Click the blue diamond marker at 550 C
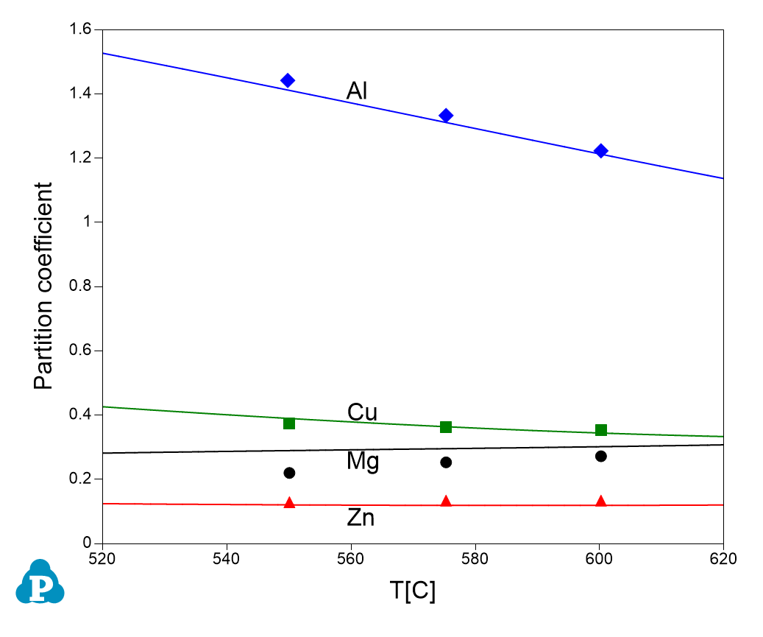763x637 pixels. point(288,80)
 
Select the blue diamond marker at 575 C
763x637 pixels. point(446,116)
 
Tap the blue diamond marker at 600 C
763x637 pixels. point(601,151)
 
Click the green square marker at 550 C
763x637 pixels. point(289,423)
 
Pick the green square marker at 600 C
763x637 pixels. point(601,430)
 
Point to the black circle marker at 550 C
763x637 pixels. point(289,473)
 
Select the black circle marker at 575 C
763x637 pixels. point(446,462)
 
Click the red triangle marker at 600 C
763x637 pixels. point(601,501)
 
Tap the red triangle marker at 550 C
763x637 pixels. point(289,503)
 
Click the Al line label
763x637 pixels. point(357,91)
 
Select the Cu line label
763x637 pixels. point(362,412)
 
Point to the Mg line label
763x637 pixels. point(363,462)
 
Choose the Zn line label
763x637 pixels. point(361,518)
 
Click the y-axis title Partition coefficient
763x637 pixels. point(43,286)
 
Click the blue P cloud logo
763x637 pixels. point(40,583)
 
